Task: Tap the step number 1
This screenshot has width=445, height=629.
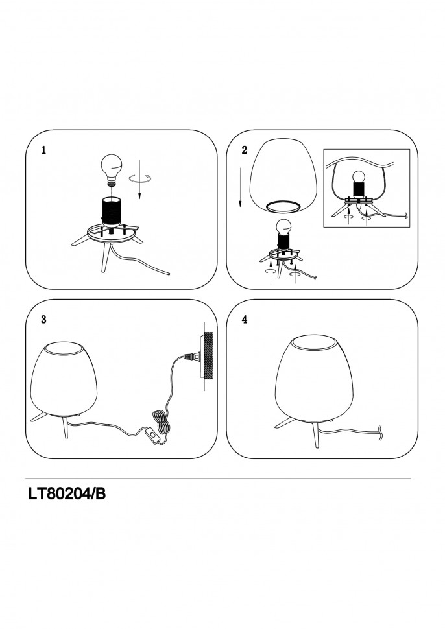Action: [43, 150]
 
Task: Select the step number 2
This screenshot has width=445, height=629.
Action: [245, 150]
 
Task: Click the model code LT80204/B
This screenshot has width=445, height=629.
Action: [67, 494]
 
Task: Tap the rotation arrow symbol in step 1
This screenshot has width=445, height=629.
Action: [140, 180]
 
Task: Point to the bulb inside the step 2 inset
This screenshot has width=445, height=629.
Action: [358, 177]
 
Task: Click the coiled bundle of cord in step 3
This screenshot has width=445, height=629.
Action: [160, 421]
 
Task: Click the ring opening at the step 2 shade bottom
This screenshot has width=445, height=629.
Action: [283, 207]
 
